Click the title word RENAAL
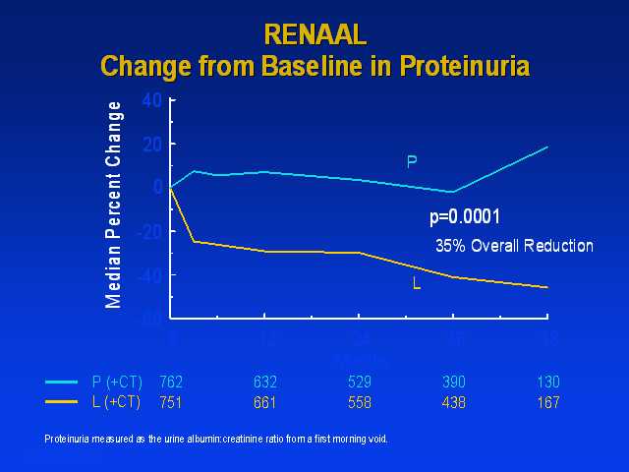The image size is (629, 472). click(x=314, y=34)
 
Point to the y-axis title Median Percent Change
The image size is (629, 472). click(x=115, y=205)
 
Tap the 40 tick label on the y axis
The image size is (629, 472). click(x=151, y=99)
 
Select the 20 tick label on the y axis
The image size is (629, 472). click(x=151, y=144)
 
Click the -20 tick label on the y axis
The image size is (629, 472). click(x=148, y=231)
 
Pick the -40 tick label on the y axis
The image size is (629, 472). click(x=148, y=275)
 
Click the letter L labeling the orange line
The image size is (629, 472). click(x=416, y=284)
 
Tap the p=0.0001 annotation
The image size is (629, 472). click(x=466, y=218)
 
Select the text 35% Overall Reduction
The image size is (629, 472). click(x=514, y=246)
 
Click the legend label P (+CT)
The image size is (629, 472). click(x=116, y=382)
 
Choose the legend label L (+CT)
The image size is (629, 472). click(x=116, y=401)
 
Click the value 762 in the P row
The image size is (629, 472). click(x=171, y=382)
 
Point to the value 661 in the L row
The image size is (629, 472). click(x=264, y=401)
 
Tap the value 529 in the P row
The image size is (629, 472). click(x=360, y=382)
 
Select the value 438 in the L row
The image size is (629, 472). click(x=453, y=401)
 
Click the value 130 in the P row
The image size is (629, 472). click(x=547, y=382)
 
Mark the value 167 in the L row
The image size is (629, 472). click(x=547, y=401)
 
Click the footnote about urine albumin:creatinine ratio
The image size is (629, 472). click(x=216, y=439)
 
